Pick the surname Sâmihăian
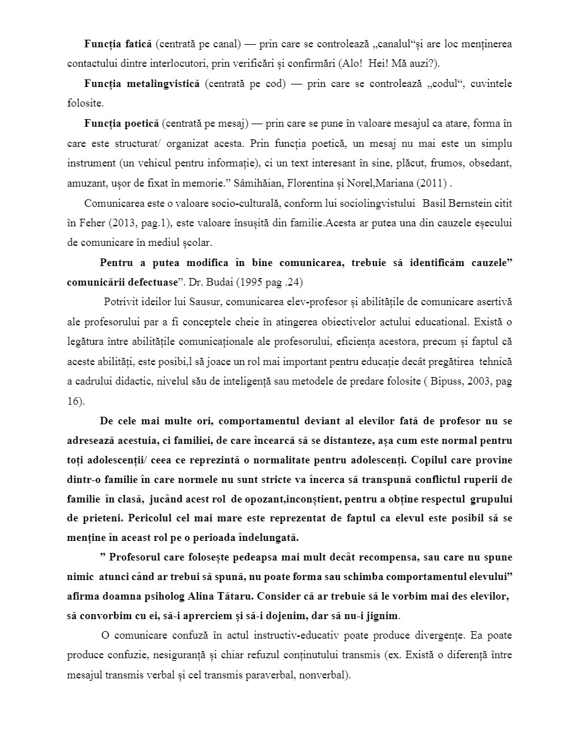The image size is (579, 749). [252, 182]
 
